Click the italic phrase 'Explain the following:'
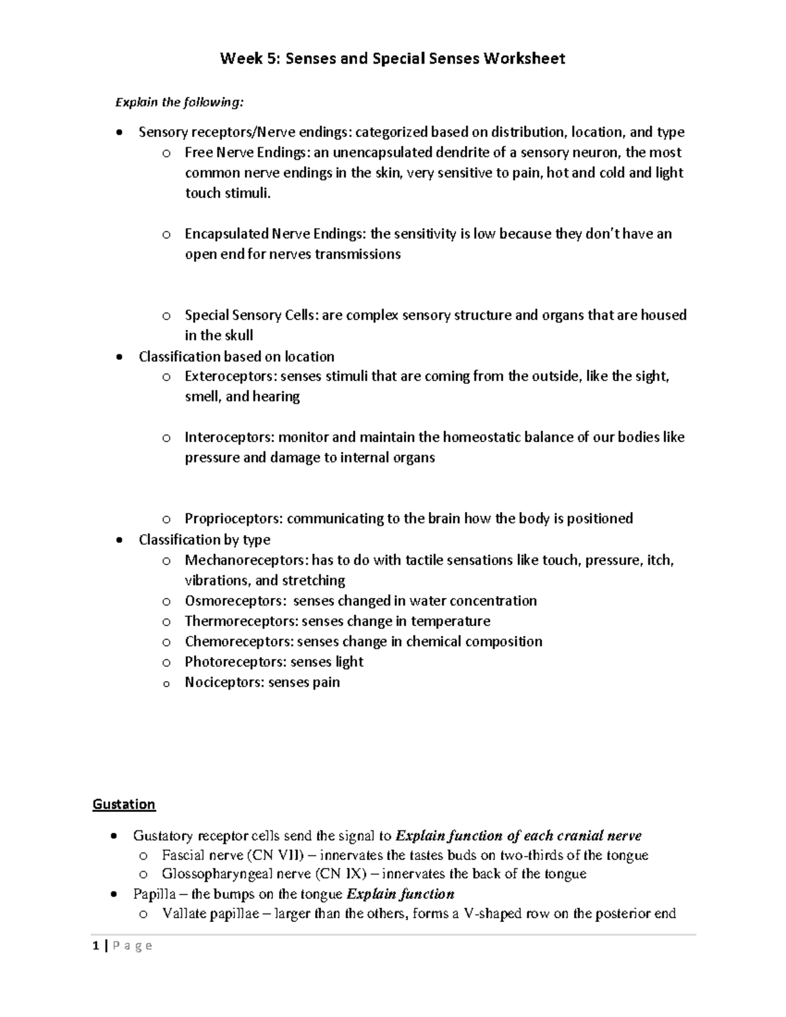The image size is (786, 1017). coord(179,102)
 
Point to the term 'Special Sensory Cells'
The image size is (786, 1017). coord(251,315)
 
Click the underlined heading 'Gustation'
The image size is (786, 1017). coord(124,804)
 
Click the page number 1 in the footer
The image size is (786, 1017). coord(96,945)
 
